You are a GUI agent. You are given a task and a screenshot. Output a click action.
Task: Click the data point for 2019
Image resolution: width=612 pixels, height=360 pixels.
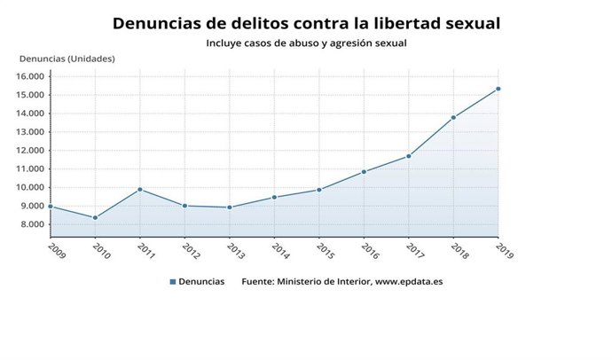click(498, 89)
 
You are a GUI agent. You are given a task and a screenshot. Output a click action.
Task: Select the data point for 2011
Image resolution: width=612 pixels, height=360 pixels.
click(140, 189)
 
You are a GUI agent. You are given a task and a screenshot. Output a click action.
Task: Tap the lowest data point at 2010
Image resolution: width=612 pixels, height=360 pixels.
click(95, 217)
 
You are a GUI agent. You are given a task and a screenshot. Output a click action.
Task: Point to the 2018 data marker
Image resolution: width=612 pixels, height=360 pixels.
click(453, 117)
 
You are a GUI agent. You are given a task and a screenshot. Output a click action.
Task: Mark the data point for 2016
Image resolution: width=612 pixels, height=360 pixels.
click(364, 171)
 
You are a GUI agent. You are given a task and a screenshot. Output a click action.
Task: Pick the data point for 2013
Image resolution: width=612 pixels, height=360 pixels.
click(230, 207)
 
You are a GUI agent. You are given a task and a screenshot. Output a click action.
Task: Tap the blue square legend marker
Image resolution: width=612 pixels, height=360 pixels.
click(172, 282)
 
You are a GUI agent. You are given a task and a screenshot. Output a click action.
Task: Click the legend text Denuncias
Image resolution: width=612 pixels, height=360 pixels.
click(201, 282)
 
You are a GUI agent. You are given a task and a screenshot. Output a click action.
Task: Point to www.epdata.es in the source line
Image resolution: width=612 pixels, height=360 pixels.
click(410, 282)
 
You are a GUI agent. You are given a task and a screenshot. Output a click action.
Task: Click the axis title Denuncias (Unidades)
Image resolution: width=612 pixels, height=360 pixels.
click(67, 59)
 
